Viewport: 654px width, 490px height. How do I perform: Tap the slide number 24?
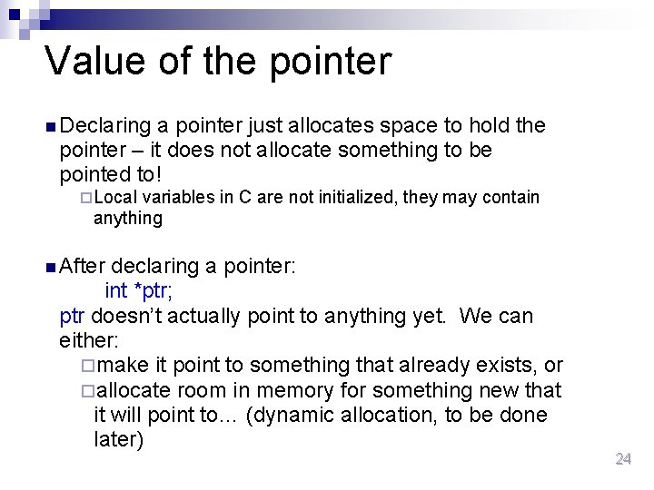tap(623, 459)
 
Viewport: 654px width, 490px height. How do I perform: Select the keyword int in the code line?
tap(116, 290)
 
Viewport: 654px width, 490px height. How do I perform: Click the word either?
tap(89, 340)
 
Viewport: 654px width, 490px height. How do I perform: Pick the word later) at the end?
tap(119, 440)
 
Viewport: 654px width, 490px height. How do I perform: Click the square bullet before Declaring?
tap(49, 126)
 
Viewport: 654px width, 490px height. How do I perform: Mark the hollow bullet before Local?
tap(85, 198)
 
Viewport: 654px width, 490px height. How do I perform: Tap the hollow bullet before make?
tap(86, 367)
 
